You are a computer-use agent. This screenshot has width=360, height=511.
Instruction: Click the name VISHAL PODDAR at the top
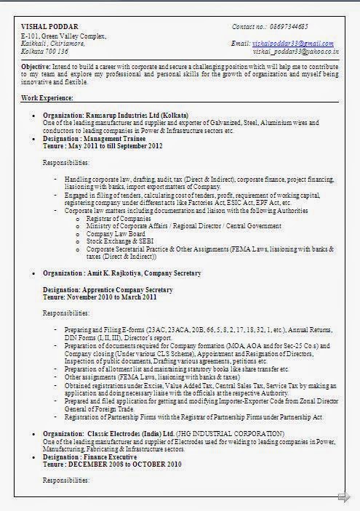pyautogui.click(x=43, y=27)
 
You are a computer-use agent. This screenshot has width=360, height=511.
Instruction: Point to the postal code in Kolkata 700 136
pyautogui.click(x=58, y=52)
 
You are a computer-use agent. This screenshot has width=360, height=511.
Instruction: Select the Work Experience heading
pyautogui.click(x=47, y=97)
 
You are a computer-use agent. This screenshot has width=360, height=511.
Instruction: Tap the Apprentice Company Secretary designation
pyautogui.click(x=131, y=289)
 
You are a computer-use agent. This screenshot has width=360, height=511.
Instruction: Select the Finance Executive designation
pyautogui.click(x=119, y=456)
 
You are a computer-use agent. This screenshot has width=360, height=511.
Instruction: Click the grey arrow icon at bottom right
pyautogui.click(x=343, y=496)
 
